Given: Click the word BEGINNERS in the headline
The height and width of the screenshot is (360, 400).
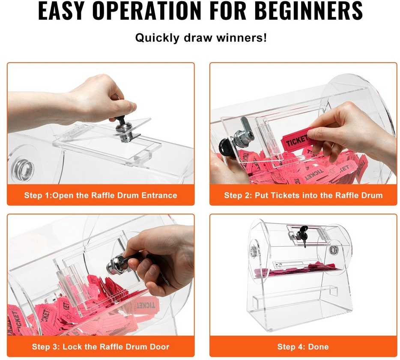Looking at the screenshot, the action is pyautogui.click(x=308, y=11).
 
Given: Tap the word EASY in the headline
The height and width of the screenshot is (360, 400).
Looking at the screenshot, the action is pyautogui.click(x=61, y=11).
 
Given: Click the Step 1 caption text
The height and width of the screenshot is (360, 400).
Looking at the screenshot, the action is pyautogui.click(x=101, y=195).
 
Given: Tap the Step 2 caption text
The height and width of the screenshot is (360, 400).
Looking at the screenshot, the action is pyautogui.click(x=303, y=195).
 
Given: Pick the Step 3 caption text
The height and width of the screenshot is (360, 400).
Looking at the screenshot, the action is pyautogui.click(x=101, y=347).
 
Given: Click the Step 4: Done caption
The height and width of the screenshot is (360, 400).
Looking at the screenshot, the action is pyautogui.click(x=303, y=347).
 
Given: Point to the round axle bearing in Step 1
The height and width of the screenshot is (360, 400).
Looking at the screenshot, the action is pyautogui.click(x=23, y=169).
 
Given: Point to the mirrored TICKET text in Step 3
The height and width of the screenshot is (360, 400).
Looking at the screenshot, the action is pyautogui.click(x=146, y=306).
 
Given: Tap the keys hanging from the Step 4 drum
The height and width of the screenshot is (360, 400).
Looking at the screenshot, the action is pyautogui.click(x=304, y=236).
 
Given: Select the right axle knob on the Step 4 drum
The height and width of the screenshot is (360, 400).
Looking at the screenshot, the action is pyautogui.click(x=334, y=250).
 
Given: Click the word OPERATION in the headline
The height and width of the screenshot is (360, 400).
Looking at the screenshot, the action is pyautogui.click(x=147, y=11).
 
